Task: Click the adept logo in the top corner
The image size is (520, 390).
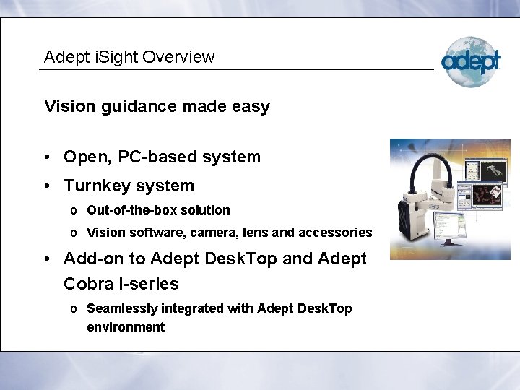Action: (x=471, y=61)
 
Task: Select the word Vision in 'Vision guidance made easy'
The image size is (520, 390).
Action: (x=69, y=107)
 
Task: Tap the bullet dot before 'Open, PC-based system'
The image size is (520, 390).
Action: (x=47, y=157)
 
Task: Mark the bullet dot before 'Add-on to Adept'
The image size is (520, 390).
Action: (x=47, y=259)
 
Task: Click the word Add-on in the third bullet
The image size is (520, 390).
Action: (x=90, y=259)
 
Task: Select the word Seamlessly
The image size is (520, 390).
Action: (x=121, y=308)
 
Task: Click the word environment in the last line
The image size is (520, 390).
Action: (x=125, y=327)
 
